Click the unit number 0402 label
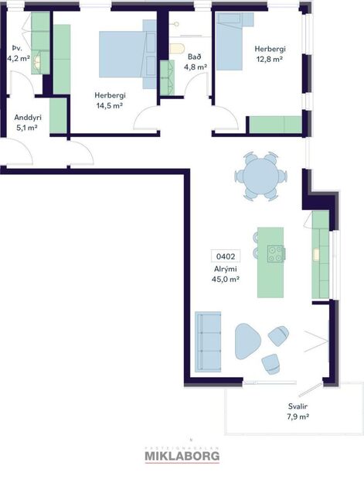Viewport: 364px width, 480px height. [x=226, y=255]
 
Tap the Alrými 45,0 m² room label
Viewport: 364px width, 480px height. [x=226, y=274]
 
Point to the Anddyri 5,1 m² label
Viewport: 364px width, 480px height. [x=27, y=122]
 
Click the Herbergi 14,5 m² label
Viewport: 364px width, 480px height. [x=110, y=100]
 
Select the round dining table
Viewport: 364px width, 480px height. [x=260, y=176]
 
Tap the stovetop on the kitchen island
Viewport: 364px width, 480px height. [x=275, y=252]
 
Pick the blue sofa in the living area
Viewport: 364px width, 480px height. [x=208, y=341]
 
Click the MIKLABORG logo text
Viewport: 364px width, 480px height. [x=182, y=457]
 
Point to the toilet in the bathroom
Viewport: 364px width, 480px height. [x=177, y=49]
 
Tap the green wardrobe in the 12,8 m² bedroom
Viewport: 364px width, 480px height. [x=275, y=124]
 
